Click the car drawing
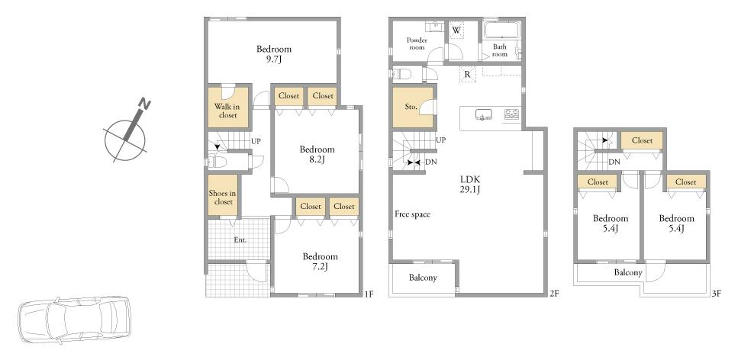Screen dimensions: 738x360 point(73,320)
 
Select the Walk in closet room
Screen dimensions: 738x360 point(228,108)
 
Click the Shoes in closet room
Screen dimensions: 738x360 point(223,195)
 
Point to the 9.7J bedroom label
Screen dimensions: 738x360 point(273,53)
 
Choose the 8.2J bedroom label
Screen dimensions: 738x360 point(317,154)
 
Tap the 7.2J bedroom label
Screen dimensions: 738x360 point(320,262)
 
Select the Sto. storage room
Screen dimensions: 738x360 point(413,108)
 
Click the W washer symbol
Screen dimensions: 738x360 point(456,30)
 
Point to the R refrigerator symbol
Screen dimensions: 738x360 point(467,74)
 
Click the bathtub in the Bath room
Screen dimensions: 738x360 point(501,30)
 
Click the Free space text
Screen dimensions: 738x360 point(412,214)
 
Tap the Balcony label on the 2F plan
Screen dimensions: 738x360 point(423,278)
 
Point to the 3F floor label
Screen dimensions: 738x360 point(716,294)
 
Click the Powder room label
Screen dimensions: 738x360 point(417,43)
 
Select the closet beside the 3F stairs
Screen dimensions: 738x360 point(642,140)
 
